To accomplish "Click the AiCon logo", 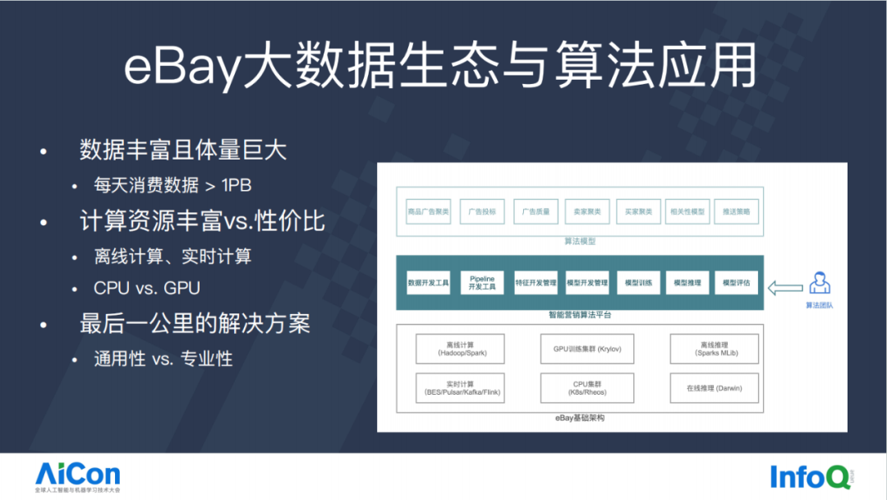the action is click(77, 475).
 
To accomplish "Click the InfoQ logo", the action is click(803, 475).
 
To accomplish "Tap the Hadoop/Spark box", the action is click(460, 349).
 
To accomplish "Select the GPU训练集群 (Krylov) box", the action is click(587, 349).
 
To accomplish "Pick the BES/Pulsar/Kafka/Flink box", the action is click(460, 388).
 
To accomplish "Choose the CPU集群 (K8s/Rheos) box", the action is click(587, 388).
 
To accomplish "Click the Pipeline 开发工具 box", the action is click(482, 283).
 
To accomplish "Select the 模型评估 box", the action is click(736, 283).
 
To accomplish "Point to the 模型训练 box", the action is click(637, 283).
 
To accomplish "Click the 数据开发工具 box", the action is click(429, 283).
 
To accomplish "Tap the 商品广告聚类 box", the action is click(429, 211).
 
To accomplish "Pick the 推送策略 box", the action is click(736, 211).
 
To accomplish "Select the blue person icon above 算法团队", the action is click(819, 283).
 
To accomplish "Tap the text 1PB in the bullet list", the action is click(237, 186).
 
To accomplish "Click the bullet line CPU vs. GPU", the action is click(148, 289).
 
